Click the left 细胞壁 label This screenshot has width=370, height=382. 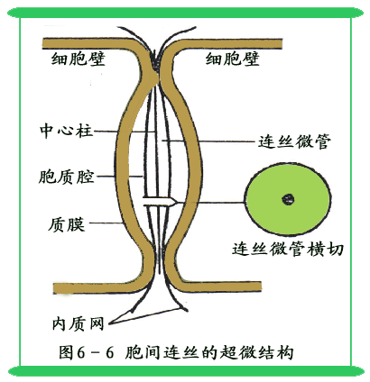tap(79, 59)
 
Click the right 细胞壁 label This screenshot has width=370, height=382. tap(232, 59)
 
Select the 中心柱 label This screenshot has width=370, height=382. tap(67, 131)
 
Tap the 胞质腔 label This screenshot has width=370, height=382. tap(67, 177)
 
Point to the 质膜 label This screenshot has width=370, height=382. tap(67, 224)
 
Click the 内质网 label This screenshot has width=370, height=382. tap(79, 323)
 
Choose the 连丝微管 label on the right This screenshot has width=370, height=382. tap(295, 141)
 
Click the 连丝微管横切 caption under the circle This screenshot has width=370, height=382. tap(288, 250)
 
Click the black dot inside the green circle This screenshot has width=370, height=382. tap(288, 199)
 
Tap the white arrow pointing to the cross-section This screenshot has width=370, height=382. tap(159, 201)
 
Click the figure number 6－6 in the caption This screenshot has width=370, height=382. tap(96, 352)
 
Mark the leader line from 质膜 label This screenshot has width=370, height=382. tap(106, 223)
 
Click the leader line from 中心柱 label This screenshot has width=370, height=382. tap(125, 132)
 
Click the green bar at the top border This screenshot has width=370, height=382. tap(185, 13)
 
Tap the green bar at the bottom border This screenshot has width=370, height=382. tap(185, 371)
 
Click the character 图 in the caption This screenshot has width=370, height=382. tap(66, 352)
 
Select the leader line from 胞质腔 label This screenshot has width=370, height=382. tap(119, 177)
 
